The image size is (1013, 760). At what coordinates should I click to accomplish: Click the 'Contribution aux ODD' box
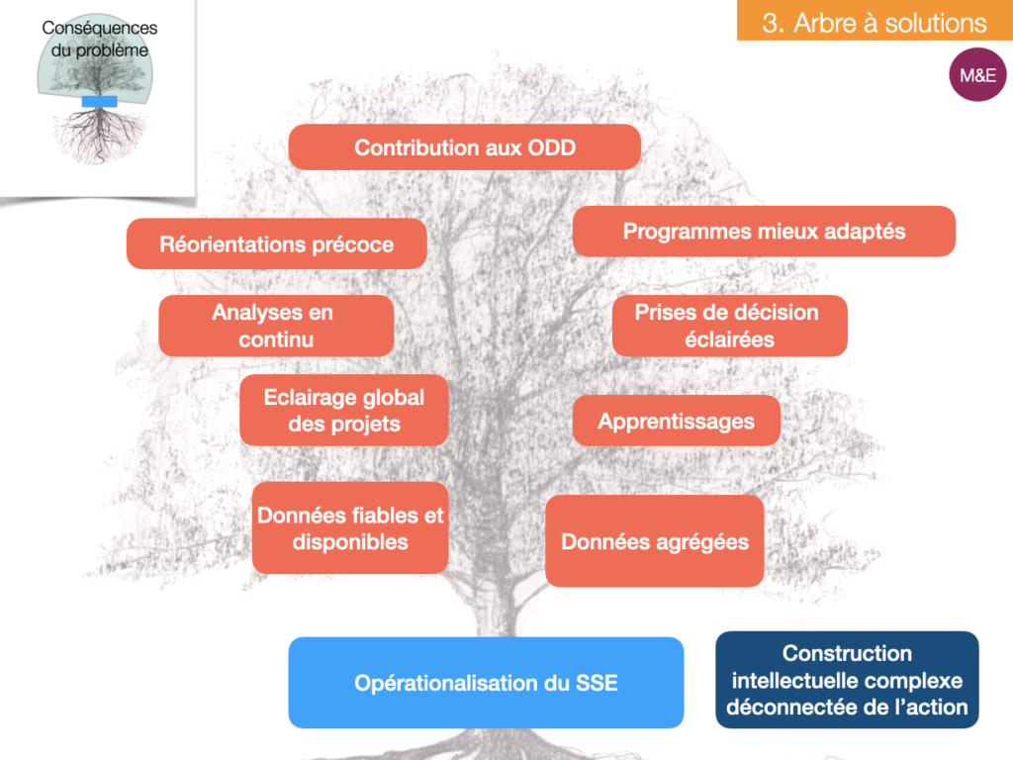coord(465,147)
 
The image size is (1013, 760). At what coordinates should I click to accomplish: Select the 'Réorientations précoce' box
coord(277,243)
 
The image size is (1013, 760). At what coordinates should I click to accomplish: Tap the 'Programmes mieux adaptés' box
coord(764,232)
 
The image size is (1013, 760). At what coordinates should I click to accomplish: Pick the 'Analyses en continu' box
coord(276,326)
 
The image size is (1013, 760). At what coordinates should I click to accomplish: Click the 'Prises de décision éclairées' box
coord(729,326)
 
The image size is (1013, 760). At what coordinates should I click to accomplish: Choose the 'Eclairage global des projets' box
coord(343,410)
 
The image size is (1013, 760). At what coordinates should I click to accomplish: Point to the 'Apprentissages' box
coord(677,421)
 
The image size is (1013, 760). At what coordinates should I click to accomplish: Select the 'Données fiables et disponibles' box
coord(350,528)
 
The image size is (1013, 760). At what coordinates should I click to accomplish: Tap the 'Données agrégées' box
coord(655,541)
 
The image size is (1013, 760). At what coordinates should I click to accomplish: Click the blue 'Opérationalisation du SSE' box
coord(486,683)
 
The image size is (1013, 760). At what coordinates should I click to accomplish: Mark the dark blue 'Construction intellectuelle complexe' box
coord(847,680)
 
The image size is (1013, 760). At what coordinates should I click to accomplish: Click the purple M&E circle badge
coord(977,75)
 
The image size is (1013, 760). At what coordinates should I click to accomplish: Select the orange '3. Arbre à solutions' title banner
coord(875,21)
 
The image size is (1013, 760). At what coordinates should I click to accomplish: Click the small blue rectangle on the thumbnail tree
coord(100,102)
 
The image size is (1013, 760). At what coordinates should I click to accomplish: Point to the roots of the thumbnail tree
coord(100,136)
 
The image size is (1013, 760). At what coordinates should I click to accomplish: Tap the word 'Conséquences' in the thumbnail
coord(100,28)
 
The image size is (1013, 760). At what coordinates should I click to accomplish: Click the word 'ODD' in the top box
coord(552,147)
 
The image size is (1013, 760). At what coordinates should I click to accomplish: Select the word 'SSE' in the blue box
coord(597,683)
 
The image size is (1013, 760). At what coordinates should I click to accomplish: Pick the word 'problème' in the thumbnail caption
coord(113,50)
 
